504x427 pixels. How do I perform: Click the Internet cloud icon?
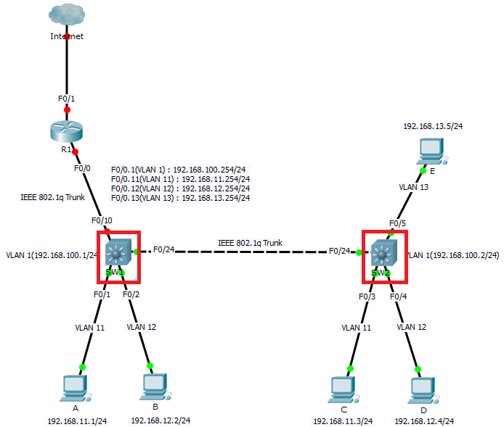tap(67, 15)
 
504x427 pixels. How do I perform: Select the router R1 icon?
tap(67, 131)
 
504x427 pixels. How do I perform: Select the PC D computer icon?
tap(423, 389)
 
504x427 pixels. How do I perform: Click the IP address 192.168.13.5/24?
tap(433, 126)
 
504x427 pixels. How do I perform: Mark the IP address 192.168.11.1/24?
tap(77, 420)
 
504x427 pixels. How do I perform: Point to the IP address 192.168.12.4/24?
tap(424, 420)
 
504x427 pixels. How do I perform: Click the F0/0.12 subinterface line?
tap(180, 188)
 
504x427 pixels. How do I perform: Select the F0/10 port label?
tap(102, 220)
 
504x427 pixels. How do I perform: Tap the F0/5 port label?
tap(397, 223)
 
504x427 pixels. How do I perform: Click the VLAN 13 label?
tap(413, 186)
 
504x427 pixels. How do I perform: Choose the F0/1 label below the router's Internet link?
tap(67, 98)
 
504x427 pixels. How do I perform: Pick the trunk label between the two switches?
tap(250, 243)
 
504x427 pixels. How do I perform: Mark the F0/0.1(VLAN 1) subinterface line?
tap(180, 169)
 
